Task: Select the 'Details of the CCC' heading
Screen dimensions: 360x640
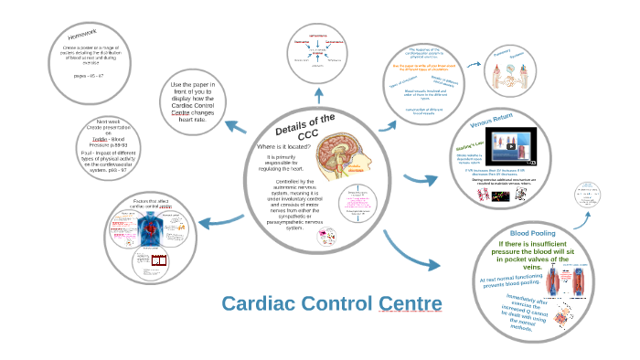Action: (x=304, y=130)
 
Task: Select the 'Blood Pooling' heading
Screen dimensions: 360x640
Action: (x=533, y=233)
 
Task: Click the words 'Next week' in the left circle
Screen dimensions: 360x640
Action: (x=108, y=121)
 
